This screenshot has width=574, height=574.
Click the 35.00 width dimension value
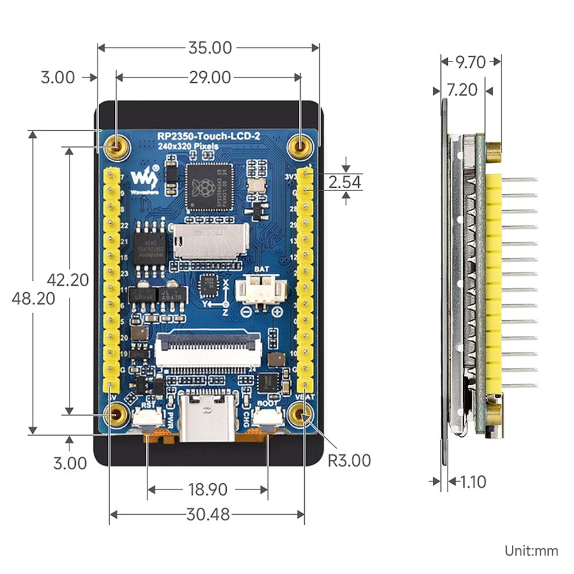(x=210, y=48)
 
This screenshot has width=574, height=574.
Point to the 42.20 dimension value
(x=68, y=280)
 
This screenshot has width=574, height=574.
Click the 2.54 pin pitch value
(x=345, y=183)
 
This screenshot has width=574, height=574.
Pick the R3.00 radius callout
(x=349, y=460)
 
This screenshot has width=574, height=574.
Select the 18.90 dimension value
(x=207, y=490)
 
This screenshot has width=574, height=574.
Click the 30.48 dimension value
(x=208, y=515)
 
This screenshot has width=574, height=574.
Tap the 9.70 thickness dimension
(x=471, y=61)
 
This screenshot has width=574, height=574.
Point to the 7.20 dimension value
(x=461, y=90)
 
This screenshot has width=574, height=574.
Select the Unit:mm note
(x=532, y=551)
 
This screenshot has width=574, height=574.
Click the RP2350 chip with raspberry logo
(x=210, y=187)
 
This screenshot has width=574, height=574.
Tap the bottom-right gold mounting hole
(x=300, y=414)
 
